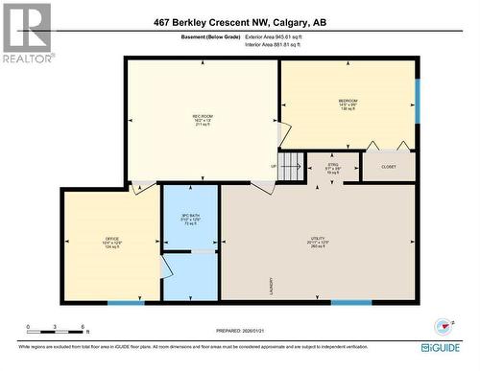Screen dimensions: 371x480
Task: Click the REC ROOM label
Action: (202, 117)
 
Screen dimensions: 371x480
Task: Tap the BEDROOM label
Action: (348, 101)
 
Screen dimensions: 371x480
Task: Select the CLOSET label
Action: (388, 166)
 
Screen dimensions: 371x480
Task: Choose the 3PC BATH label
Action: (190, 217)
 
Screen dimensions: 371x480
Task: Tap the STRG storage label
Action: (333, 166)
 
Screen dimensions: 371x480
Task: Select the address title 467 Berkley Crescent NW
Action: (239, 22)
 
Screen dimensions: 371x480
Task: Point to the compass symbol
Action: (443, 325)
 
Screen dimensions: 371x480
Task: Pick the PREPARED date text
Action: (240, 332)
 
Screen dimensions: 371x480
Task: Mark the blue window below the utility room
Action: (351, 303)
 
